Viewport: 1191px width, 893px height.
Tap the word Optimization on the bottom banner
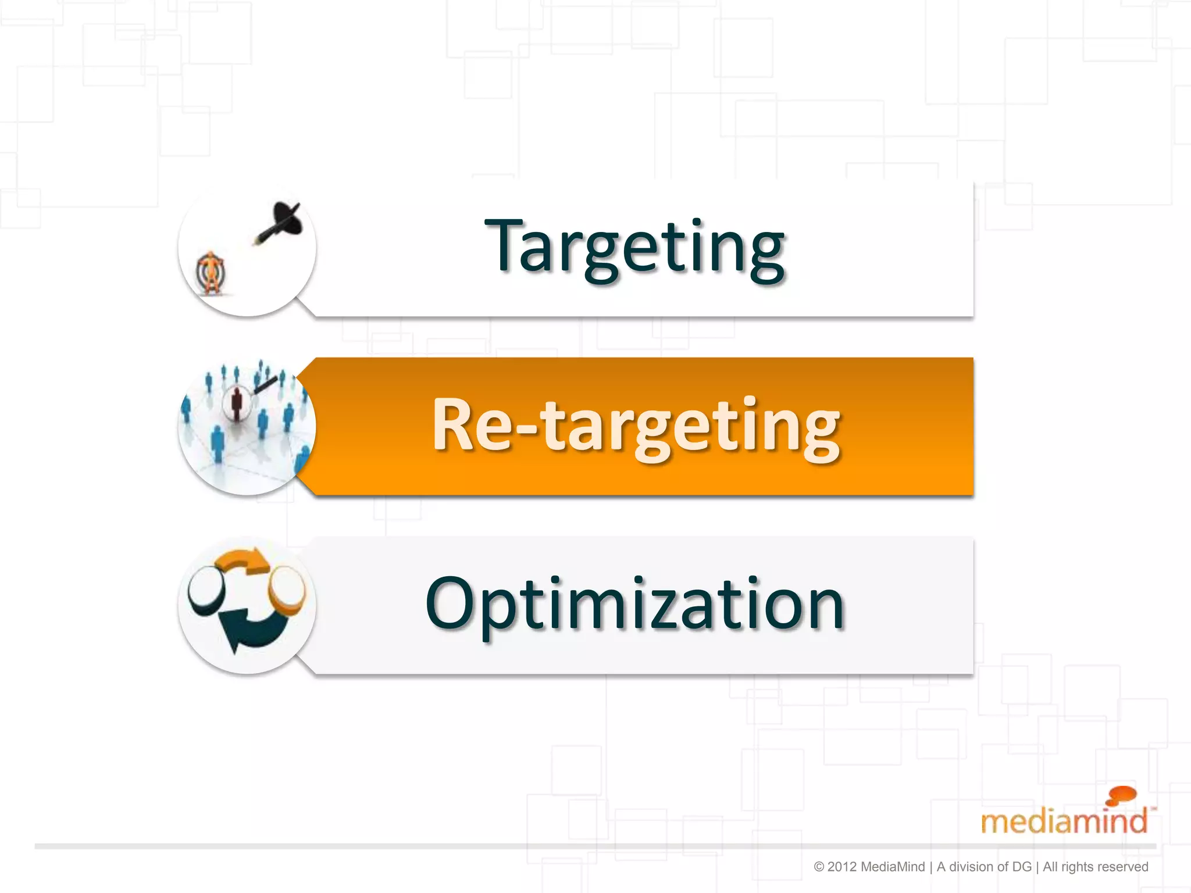point(635,605)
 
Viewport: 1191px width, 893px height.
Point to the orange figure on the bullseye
point(210,272)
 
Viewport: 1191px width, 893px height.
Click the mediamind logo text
point(1064,821)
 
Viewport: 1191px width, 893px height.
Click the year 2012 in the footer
point(842,867)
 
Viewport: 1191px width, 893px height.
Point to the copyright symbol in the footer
point(819,867)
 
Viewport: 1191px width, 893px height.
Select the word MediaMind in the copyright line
point(892,867)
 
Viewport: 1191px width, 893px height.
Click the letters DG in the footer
point(1022,867)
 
